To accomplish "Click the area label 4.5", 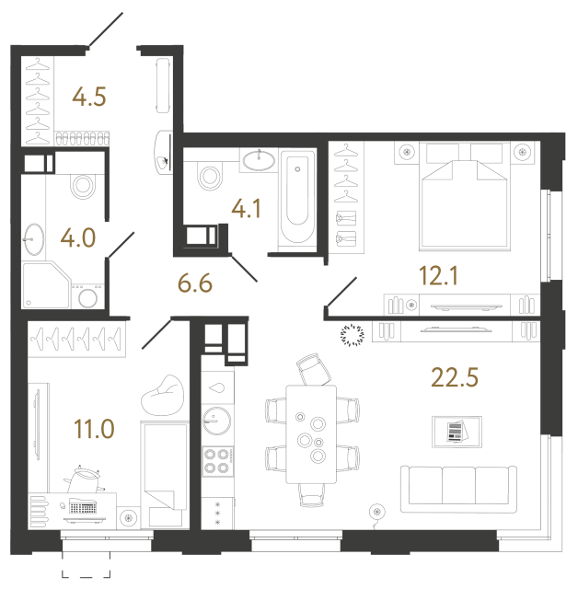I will point(90,97).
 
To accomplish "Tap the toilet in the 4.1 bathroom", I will point(208,175).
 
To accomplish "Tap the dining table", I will point(312,432).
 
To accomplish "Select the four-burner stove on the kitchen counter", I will point(218,460).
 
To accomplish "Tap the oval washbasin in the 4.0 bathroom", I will point(35,239).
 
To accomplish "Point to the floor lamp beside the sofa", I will point(375,511).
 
